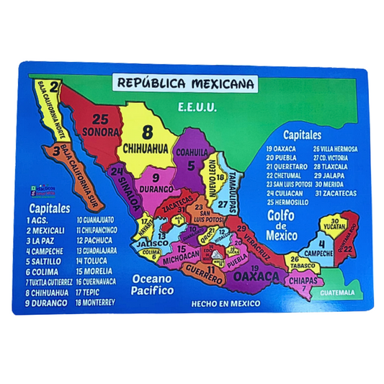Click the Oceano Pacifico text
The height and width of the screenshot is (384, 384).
(x=148, y=285)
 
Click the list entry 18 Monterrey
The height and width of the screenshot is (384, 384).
(x=92, y=303)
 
